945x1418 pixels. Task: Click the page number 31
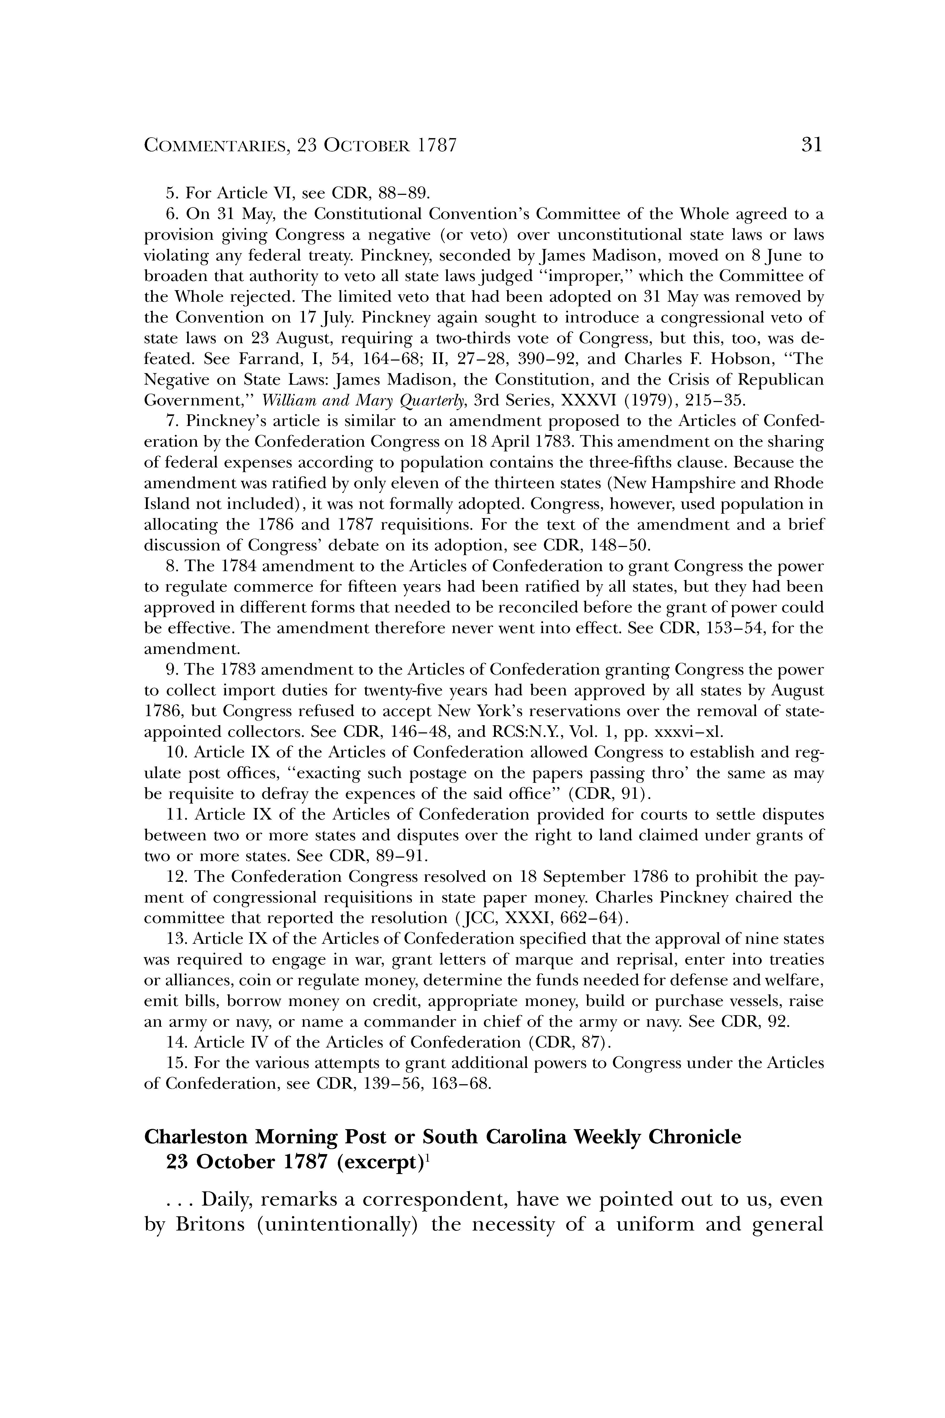811,145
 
